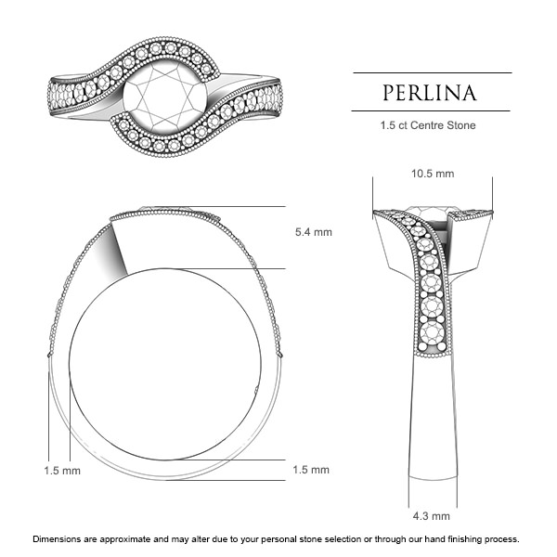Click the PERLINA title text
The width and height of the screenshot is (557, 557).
pyautogui.click(x=431, y=93)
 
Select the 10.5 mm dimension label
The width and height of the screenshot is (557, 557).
pyautogui.click(x=432, y=174)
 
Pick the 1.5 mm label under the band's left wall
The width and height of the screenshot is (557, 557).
pyautogui.click(x=62, y=471)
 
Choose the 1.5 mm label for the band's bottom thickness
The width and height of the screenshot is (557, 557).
pyautogui.click(x=310, y=470)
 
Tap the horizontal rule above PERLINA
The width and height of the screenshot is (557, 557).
pyautogui.click(x=431, y=72)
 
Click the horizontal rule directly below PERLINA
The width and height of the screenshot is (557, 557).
pyautogui.click(x=431, y=111)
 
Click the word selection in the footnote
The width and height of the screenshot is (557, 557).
pyautogui.click(x=345, y=538)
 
